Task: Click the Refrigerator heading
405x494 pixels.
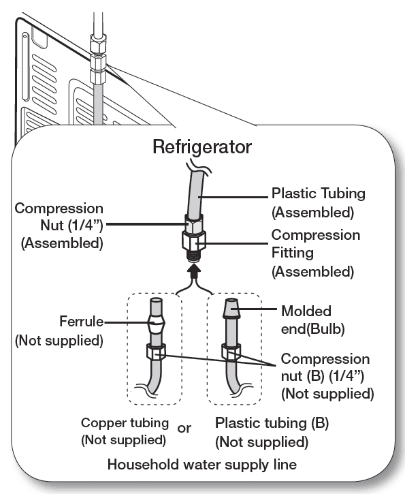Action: click(202, 146)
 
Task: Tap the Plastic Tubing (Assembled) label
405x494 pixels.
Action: click(318, 202)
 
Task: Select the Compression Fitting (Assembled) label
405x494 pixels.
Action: click(315, 253)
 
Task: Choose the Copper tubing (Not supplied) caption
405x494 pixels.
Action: click(124, 431)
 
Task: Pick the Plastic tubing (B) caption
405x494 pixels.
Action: click(272, 432)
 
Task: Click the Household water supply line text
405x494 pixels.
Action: click(202, 465)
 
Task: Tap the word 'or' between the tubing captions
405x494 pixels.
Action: click(184, 429)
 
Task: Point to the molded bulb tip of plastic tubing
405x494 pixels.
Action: click(231, 312)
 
